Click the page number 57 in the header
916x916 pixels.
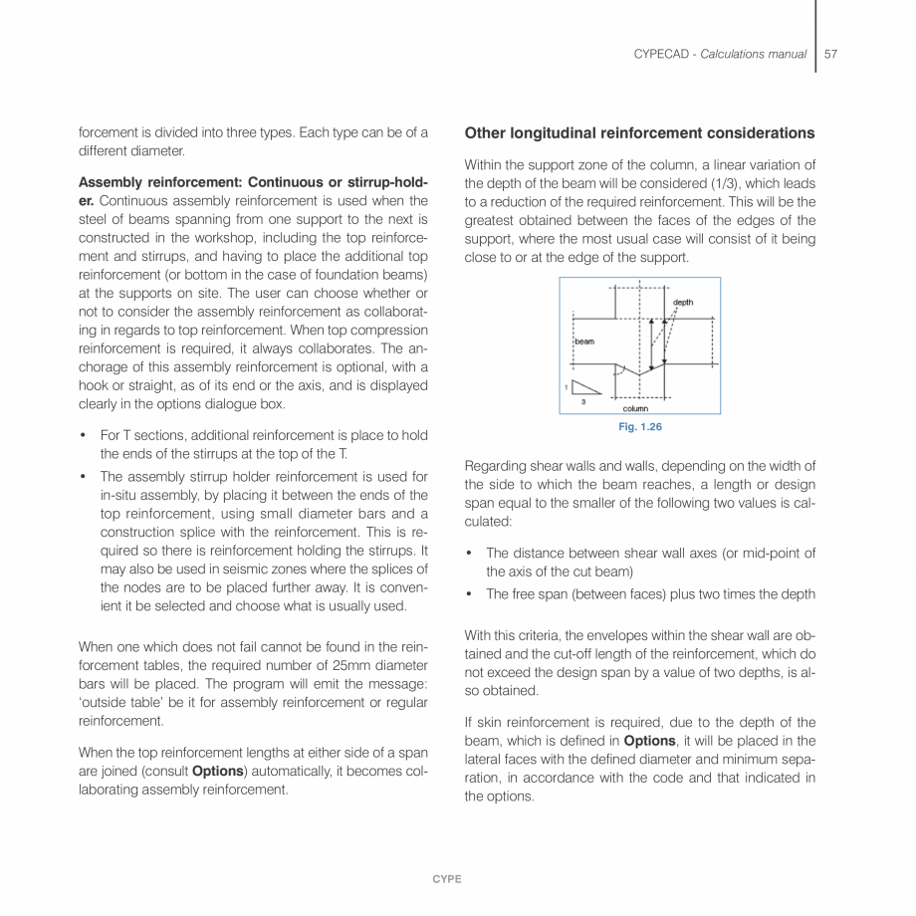tap(831, 54)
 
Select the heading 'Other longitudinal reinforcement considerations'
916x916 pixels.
tap(639, 133)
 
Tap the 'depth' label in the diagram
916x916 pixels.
tap(683, 302)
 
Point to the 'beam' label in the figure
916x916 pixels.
tap(584, 341)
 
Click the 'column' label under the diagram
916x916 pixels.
tap(635, 408)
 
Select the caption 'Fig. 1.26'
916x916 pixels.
tap(640, 427)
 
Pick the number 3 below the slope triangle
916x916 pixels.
tap(583, 401)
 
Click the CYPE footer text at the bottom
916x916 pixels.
tap(447, 879)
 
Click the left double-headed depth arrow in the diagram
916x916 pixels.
tap(651, 343)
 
